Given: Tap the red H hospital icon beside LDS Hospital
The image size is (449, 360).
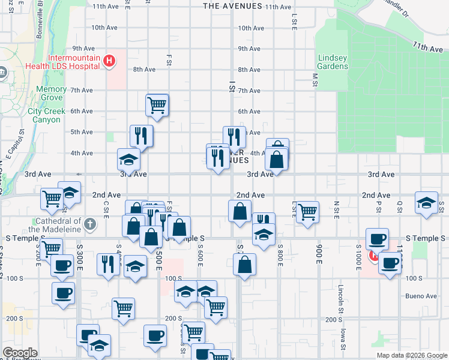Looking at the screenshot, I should (x=109, y=61).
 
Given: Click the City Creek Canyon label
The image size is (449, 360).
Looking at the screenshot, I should (x=44, y=115).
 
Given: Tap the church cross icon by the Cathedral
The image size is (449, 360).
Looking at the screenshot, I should (x=90, y=224).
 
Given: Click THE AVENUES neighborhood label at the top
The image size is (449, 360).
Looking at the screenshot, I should (x=233, y=6).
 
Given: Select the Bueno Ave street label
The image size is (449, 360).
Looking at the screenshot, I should (x=421, y=296).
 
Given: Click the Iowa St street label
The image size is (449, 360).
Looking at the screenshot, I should (x=343, y=338).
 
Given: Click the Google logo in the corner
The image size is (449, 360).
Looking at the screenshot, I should (x=20, y=353).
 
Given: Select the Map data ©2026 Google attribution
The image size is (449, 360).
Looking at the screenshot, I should (x=411, y=355).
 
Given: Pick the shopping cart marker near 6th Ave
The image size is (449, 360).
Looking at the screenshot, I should (x=157, y=105).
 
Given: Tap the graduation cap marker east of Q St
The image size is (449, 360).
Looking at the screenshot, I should (x=426, y=203).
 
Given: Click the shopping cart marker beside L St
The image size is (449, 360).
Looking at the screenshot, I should (x=307, y=211).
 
